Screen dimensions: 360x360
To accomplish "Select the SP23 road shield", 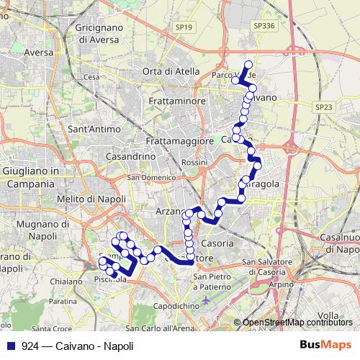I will pyautogui.click(x=324, y=107).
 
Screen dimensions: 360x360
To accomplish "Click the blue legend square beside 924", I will pyautogui.click(x=10, y=345).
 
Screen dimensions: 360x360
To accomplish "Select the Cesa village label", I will pyautogui.click(x=91, y=76).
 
